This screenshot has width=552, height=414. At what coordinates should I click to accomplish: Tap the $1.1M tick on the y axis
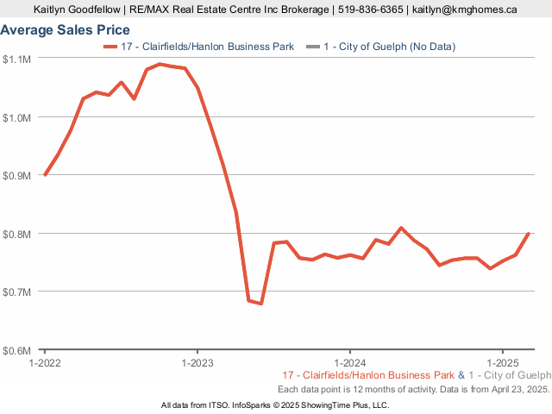tap(17, 59)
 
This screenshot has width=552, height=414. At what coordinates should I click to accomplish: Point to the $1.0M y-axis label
tap(17, 116)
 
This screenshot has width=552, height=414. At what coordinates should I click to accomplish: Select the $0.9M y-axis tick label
tap(17, 175)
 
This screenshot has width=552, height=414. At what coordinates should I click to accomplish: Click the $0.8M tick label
tap(17, 234)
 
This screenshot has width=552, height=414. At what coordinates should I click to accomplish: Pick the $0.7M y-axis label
tap(17, 292)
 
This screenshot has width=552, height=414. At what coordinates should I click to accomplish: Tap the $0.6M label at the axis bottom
tap(17, 350)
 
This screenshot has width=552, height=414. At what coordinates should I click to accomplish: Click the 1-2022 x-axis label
tap(45, 363)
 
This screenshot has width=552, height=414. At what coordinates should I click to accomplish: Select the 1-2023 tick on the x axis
tap(198, 363)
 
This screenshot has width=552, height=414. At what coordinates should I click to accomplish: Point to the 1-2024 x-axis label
tap(349, 363)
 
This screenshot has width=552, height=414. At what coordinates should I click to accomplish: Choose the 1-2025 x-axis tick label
tap(502, 363)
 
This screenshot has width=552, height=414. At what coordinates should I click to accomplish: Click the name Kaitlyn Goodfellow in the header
tap(76, 10)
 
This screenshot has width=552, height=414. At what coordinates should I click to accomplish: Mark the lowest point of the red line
tap(260, 304)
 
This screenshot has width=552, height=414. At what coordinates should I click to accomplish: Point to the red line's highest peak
tap(160, 64)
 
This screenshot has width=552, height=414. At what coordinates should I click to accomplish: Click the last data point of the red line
tap(527, 234)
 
